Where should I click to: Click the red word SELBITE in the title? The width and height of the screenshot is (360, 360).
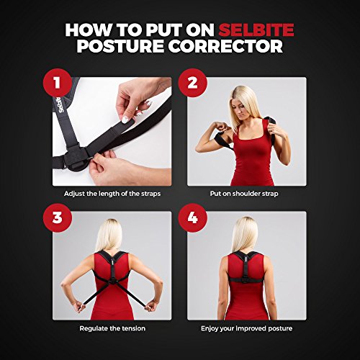256,30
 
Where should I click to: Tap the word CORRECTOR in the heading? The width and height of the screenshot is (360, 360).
226,46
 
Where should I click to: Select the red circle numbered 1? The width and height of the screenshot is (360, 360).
58,83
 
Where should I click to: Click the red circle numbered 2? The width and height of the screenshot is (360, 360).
192,83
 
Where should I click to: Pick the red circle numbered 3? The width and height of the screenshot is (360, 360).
58,217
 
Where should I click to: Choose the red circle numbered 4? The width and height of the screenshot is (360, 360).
192,217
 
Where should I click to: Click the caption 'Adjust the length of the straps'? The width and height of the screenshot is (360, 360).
112,194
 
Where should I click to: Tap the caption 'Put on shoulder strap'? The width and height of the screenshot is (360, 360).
244,194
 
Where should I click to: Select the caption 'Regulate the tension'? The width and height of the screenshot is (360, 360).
112,328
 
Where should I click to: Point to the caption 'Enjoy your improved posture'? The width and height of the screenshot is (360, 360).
247,328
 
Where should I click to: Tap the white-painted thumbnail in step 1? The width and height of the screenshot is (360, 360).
125,120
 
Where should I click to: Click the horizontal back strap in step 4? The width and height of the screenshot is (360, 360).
243,279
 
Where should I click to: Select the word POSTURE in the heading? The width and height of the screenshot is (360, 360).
120,46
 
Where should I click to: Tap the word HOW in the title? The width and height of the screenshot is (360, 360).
89,30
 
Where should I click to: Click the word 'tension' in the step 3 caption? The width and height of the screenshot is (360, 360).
132,328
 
